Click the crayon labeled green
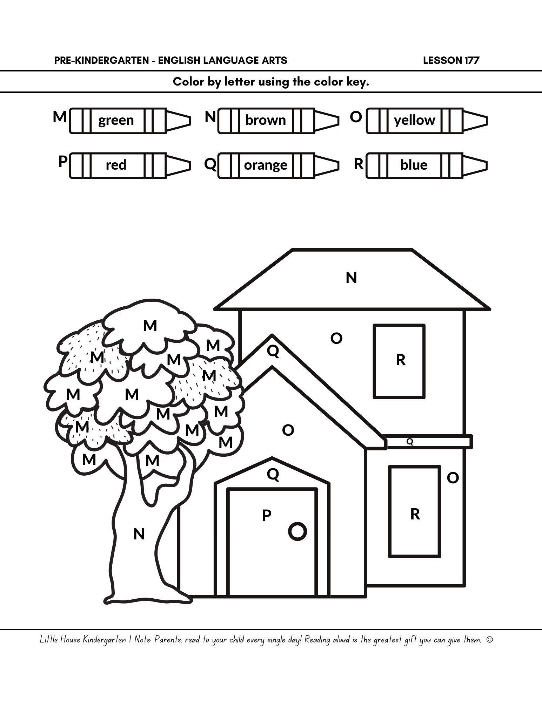coord(130,121)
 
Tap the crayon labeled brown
coord(278,121)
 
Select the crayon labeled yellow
coord(427,121)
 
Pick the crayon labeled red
coord(130,165)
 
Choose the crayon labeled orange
coord(278,165)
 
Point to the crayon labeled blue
coord(427,165)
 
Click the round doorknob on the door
coord(297,531)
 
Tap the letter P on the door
coord(267,515)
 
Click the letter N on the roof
coord(351,278)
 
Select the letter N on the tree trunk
coord(139,534)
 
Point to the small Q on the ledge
coord(410,442)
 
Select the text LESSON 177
coord(451,60)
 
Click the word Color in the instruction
coord(188,82)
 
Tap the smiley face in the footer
coord(490,640)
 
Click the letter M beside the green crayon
coord(60,117)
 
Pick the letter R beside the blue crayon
coord(359,164)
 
